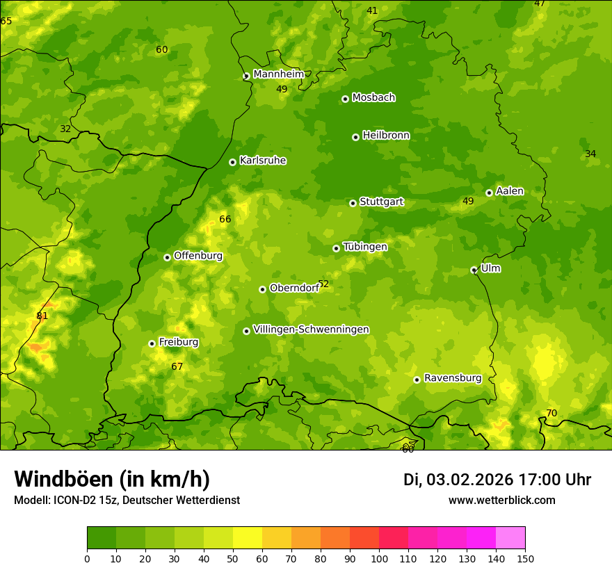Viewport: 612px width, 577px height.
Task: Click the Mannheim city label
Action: click(279, 74)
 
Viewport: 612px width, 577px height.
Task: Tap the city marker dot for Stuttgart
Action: click(353, 203)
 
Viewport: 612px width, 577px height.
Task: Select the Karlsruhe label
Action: click(263, 161)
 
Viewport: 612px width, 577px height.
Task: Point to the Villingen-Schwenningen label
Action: click(311, 330)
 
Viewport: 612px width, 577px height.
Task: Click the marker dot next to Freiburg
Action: click(152, 343)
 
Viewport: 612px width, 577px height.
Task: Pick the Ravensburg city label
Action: click(453, 378)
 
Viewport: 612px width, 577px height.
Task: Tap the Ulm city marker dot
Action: click(474, 270)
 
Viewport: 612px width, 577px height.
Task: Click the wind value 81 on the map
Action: click(42, 316)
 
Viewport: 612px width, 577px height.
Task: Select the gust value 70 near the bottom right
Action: click(551, 414)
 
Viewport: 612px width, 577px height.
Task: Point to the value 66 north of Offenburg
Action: click(225, 220)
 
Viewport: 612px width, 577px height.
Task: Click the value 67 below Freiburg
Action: click(177, 367)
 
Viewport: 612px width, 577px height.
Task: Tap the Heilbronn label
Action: click(386, 136)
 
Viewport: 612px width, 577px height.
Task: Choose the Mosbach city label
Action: click(373, 98)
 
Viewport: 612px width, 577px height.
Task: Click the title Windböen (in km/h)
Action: click(112, 479)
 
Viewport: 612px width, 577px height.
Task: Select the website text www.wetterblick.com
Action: click(501, 501)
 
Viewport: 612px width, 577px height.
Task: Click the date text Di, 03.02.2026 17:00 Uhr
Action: click(497, 480)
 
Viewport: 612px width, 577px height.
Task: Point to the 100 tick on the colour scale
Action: click(379, 558)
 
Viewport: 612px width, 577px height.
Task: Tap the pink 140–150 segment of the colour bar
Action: click(510, 538)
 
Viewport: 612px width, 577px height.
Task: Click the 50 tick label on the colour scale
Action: click(233, 558)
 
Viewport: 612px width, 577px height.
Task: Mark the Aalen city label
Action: click(510, 191)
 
